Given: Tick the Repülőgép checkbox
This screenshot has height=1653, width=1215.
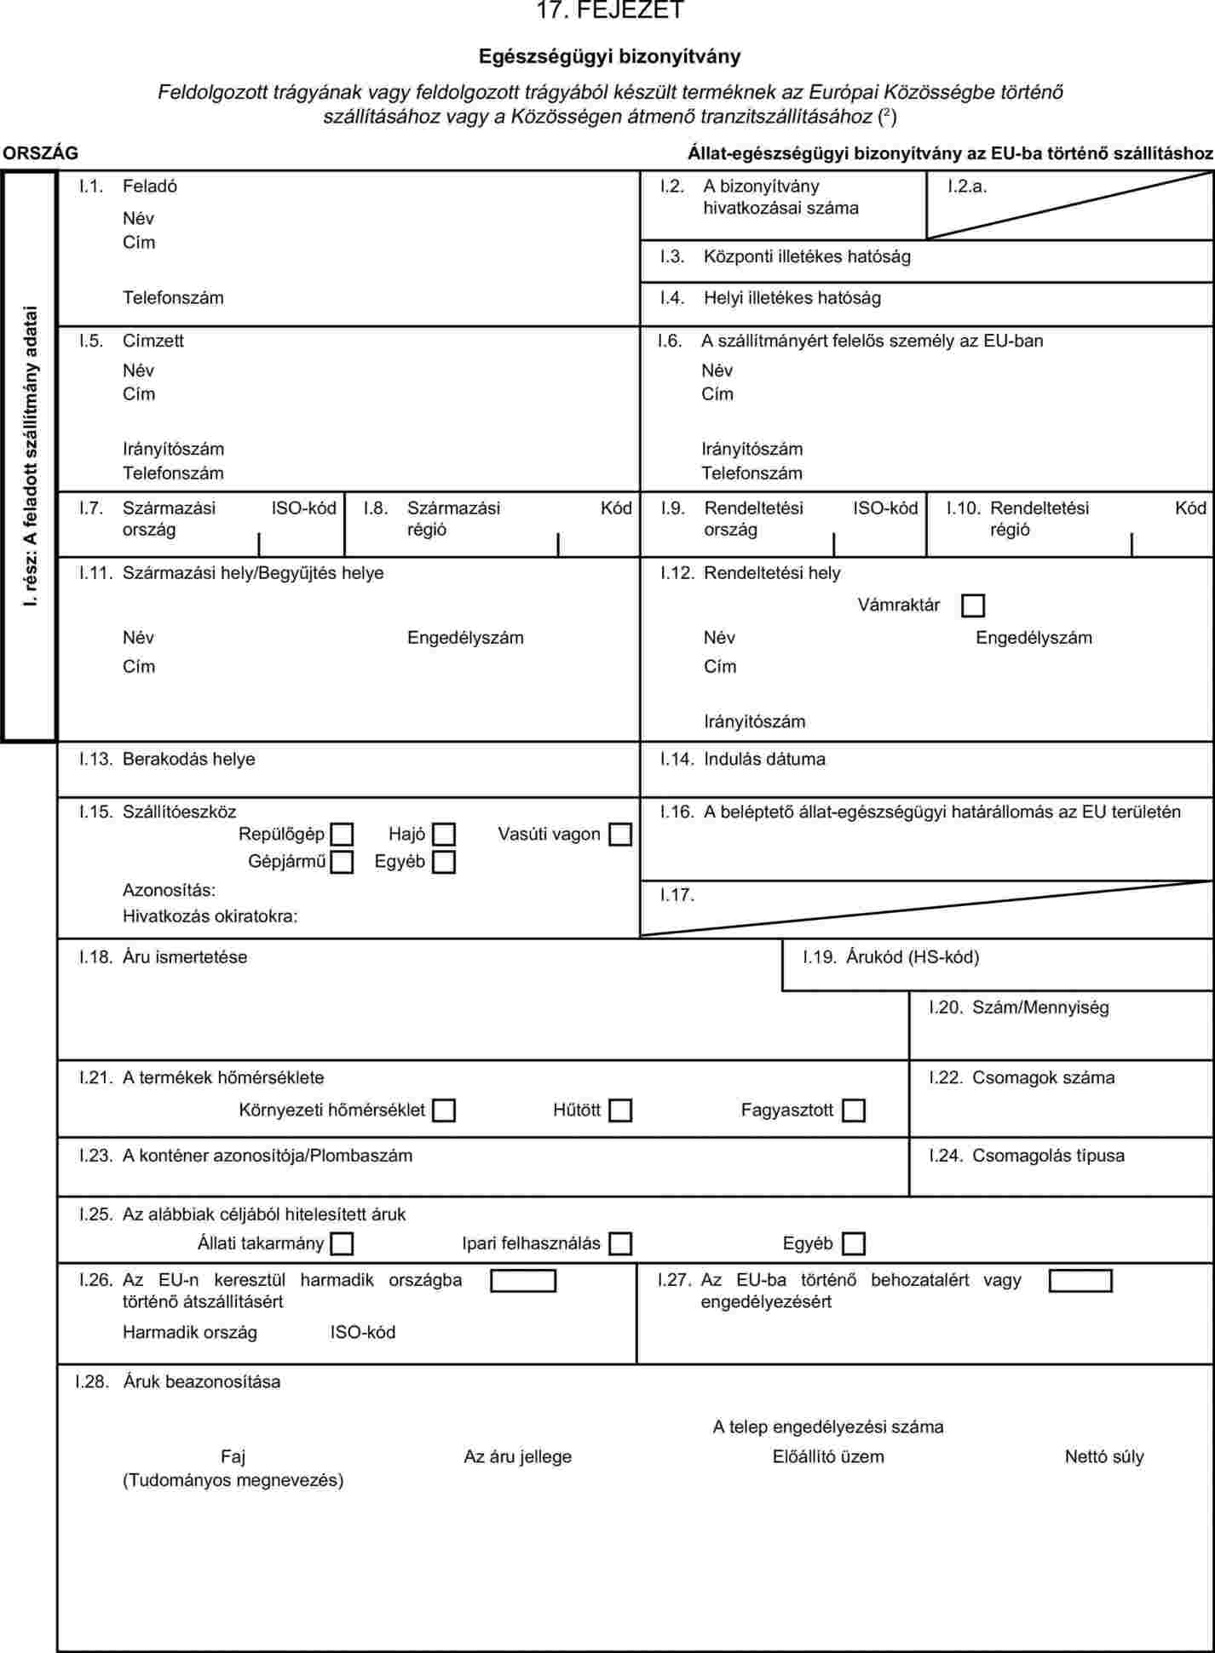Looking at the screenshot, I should (342, 835).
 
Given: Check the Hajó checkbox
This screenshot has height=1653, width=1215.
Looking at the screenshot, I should (443, 835).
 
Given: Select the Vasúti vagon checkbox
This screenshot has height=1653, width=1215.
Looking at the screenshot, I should (620, 835).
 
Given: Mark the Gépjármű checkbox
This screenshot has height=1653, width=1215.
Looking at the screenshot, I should (342, 862).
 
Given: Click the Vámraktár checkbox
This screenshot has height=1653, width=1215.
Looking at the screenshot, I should (972, 606).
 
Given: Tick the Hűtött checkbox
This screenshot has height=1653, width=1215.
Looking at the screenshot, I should (620, 1111).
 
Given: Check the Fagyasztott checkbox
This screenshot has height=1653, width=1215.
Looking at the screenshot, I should (853, 1111).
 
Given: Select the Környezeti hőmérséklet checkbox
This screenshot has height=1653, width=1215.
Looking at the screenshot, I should (443, 1111).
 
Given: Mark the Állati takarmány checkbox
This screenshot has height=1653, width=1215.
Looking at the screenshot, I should (342, 1244).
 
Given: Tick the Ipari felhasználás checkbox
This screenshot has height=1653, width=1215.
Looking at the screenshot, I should (620, 1244).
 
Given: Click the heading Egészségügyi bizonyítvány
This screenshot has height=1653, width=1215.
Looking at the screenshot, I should (609, 57).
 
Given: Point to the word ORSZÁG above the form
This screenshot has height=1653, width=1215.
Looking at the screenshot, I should (40, 153).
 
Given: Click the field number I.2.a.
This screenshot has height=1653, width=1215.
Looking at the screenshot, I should (967, 187).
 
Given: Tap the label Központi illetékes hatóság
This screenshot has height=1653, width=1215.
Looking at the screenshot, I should (806, 256).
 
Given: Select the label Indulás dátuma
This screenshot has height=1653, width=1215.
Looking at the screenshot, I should (764, 759).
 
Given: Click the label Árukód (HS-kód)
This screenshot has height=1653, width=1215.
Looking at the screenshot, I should (912, 957).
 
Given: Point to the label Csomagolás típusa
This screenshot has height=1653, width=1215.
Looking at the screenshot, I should (1048, 1156).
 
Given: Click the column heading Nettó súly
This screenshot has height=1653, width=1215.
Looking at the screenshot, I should (1103, 1456).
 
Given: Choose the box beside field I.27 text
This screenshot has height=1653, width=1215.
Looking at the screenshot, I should (1080, 1281).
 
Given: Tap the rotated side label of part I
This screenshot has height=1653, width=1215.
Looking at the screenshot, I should (31, 455).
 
